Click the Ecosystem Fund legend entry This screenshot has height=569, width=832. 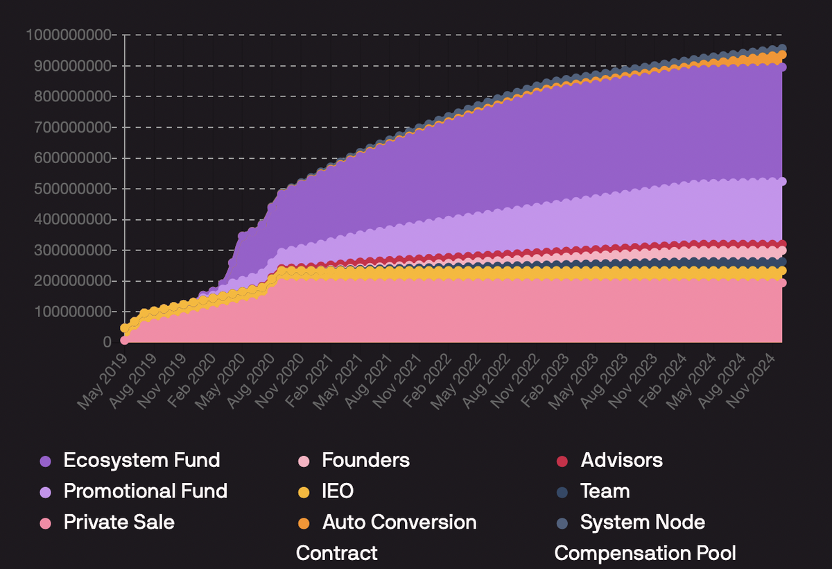pos(141,460)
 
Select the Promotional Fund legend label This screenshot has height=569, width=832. pos(145,491)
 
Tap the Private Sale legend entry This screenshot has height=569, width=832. pos(119,522)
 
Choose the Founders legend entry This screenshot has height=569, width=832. pos(365,460)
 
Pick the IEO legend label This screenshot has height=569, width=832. pos(338,491)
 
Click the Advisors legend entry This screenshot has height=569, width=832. pos(621,460)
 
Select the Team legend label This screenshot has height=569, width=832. pos(605,491)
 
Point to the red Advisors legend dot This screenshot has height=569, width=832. pos(563,461)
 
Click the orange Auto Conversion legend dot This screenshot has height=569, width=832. pos(304,523)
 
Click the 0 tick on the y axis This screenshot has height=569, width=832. pos(107,342)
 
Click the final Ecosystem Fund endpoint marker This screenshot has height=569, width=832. pos(781,67)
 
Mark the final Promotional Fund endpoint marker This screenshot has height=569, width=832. pos(781,181)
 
